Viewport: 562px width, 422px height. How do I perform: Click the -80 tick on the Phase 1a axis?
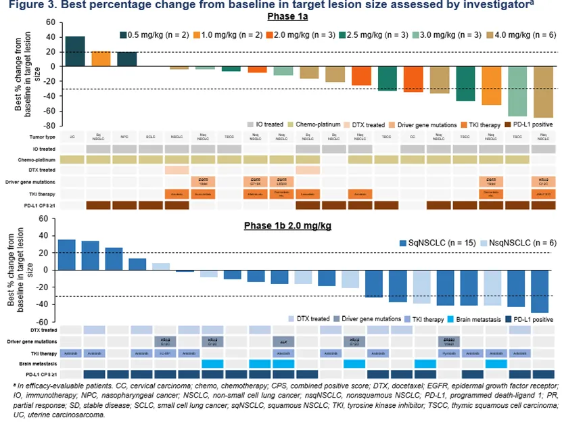(x=49, y=125)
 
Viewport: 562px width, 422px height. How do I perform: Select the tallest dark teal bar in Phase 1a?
(x=75, y=51)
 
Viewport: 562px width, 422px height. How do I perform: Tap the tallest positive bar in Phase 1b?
(x=67, y=254)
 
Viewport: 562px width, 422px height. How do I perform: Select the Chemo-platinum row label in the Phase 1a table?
(x=39, y=159)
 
